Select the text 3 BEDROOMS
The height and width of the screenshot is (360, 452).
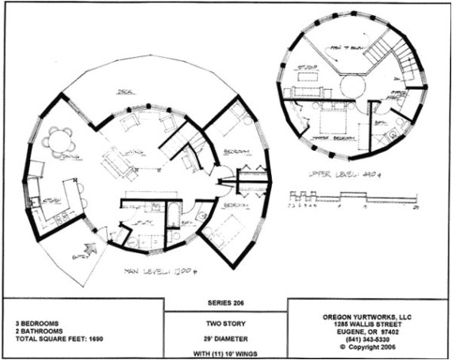37,324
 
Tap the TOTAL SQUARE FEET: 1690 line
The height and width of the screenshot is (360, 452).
60,339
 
